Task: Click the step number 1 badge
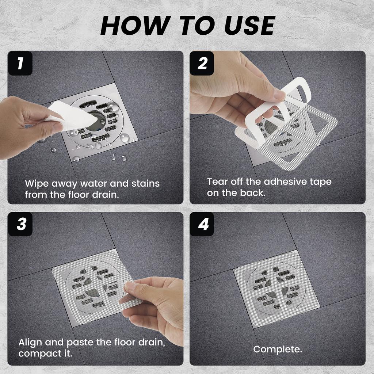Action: pyautogui.click(x=20, y=63)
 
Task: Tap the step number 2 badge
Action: pyautogui.click(x=202, y=63)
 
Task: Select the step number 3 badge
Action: pyautogui.click(x=20, y=224)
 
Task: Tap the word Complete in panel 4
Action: pyautogui.click(x=277, y=349)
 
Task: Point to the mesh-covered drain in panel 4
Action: pyautogui.click(x=276, y=286)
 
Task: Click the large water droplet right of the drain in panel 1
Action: pyautogui.click(x=124, y=137)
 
